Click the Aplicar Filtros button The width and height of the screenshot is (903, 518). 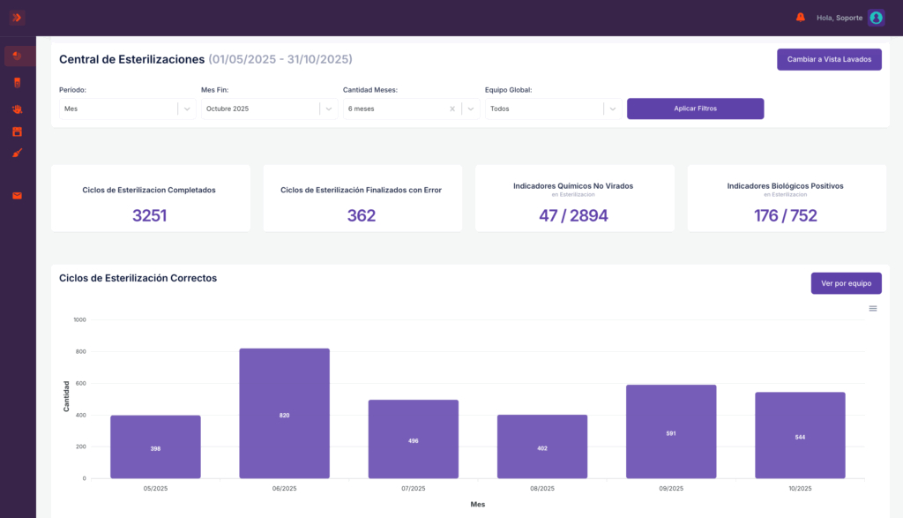(695, 109)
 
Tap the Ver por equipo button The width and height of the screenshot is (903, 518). (846, 283)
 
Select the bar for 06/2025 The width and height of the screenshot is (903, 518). (285, 413)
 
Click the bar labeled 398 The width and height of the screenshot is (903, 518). (155, 447)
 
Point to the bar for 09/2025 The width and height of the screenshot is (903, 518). (671, 432)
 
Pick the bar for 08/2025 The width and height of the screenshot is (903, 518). (542, 447)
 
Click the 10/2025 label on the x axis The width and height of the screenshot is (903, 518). (800, 488)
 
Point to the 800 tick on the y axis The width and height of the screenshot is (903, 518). (80, 351)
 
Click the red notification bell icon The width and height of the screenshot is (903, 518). (801, 18)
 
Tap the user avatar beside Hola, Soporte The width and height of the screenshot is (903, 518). (876, 18)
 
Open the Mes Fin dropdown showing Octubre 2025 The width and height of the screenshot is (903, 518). (269, 109)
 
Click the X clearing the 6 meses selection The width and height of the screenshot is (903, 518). (452, 109)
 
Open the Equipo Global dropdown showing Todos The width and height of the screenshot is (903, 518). (553, 109)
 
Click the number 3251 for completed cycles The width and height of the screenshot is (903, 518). (150, 215)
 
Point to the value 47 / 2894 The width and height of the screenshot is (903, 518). (573, 215)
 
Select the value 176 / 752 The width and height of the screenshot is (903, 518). (786, 215)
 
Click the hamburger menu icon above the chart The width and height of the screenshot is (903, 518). (873, 309)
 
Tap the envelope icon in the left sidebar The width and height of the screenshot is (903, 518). (18, 196)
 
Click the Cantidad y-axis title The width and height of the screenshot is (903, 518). (66, 396)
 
